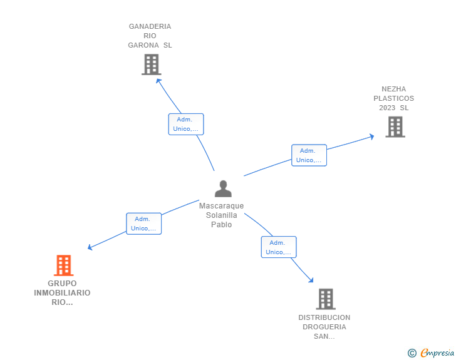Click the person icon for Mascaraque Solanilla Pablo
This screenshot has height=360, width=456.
[x=223, y=188]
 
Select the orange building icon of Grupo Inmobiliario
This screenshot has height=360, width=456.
[x=64, y=265]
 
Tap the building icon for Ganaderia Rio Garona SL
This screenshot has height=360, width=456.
[x=151, y=64]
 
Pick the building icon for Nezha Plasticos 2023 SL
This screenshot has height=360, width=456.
[x=395, y=127]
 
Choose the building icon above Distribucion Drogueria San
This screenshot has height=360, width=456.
[x=326, y=299]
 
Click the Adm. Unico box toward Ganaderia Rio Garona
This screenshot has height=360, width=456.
[x=186, y=124]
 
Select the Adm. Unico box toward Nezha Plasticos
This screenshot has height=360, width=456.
[x=309, y=155]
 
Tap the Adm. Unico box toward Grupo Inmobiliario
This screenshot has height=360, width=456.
[x=143, y=224]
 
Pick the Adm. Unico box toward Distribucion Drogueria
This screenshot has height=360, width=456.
[x=279, y=247]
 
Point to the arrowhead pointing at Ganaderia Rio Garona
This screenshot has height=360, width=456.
[x=158, y=81]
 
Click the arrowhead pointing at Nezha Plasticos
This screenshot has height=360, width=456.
[x=371, y=136]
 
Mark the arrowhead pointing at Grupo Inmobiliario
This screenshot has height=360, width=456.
[x=90, y=247]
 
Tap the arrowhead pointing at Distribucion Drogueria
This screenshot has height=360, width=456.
[x=311, y=280]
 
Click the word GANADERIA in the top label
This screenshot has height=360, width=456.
[x=150, y=26]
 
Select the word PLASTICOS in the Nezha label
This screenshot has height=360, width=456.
[x=394, y=98]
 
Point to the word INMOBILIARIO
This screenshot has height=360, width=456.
[x=62, y=293]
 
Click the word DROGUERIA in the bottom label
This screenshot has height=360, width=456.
[x=324, y=327]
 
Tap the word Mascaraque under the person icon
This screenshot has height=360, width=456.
[x=221, y=206]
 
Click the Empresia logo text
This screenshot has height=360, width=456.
[x=437, y=352]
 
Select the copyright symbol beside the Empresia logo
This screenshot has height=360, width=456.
[x=412, y=353]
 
